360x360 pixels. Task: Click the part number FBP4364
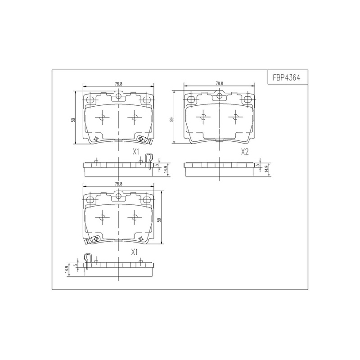click(x=286, y=77)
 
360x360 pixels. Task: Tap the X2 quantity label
click(x=244, y=152)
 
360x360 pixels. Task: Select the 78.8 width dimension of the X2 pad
click(x=219, y=83)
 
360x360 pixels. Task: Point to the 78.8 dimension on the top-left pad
click(x=118, y=84)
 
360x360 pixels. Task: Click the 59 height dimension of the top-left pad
click(x=73, y=120)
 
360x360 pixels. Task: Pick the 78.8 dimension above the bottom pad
click(x=118, y=184)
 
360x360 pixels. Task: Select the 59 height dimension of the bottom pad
click(x=159, y=220)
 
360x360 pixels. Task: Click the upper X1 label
click(x=136, y=152)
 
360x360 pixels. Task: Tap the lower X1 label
click(x=134, y=252)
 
